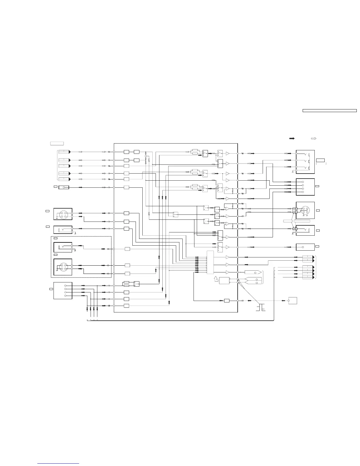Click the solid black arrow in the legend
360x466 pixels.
click(292, 138)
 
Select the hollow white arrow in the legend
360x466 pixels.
click(314, 138)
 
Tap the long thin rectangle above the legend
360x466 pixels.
click(330, 111)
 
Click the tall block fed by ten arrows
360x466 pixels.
click(210, 262)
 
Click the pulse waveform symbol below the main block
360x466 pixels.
click(261, 307)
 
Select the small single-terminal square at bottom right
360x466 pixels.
click(293, 301)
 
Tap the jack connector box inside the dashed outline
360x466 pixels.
click(63, 247)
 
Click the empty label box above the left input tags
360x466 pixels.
click(57, 143)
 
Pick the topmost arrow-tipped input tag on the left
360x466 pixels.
click(64, 152)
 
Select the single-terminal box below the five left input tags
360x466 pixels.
click(64, 187)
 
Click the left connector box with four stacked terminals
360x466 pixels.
click(63, 291)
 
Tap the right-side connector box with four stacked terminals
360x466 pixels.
click(305, 187)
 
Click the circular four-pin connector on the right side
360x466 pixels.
click(305, 210)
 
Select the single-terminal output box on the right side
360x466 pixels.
click(305, 247)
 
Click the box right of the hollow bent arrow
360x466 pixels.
click(224, 280)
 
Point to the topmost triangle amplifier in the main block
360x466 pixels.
click(228, 154)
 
